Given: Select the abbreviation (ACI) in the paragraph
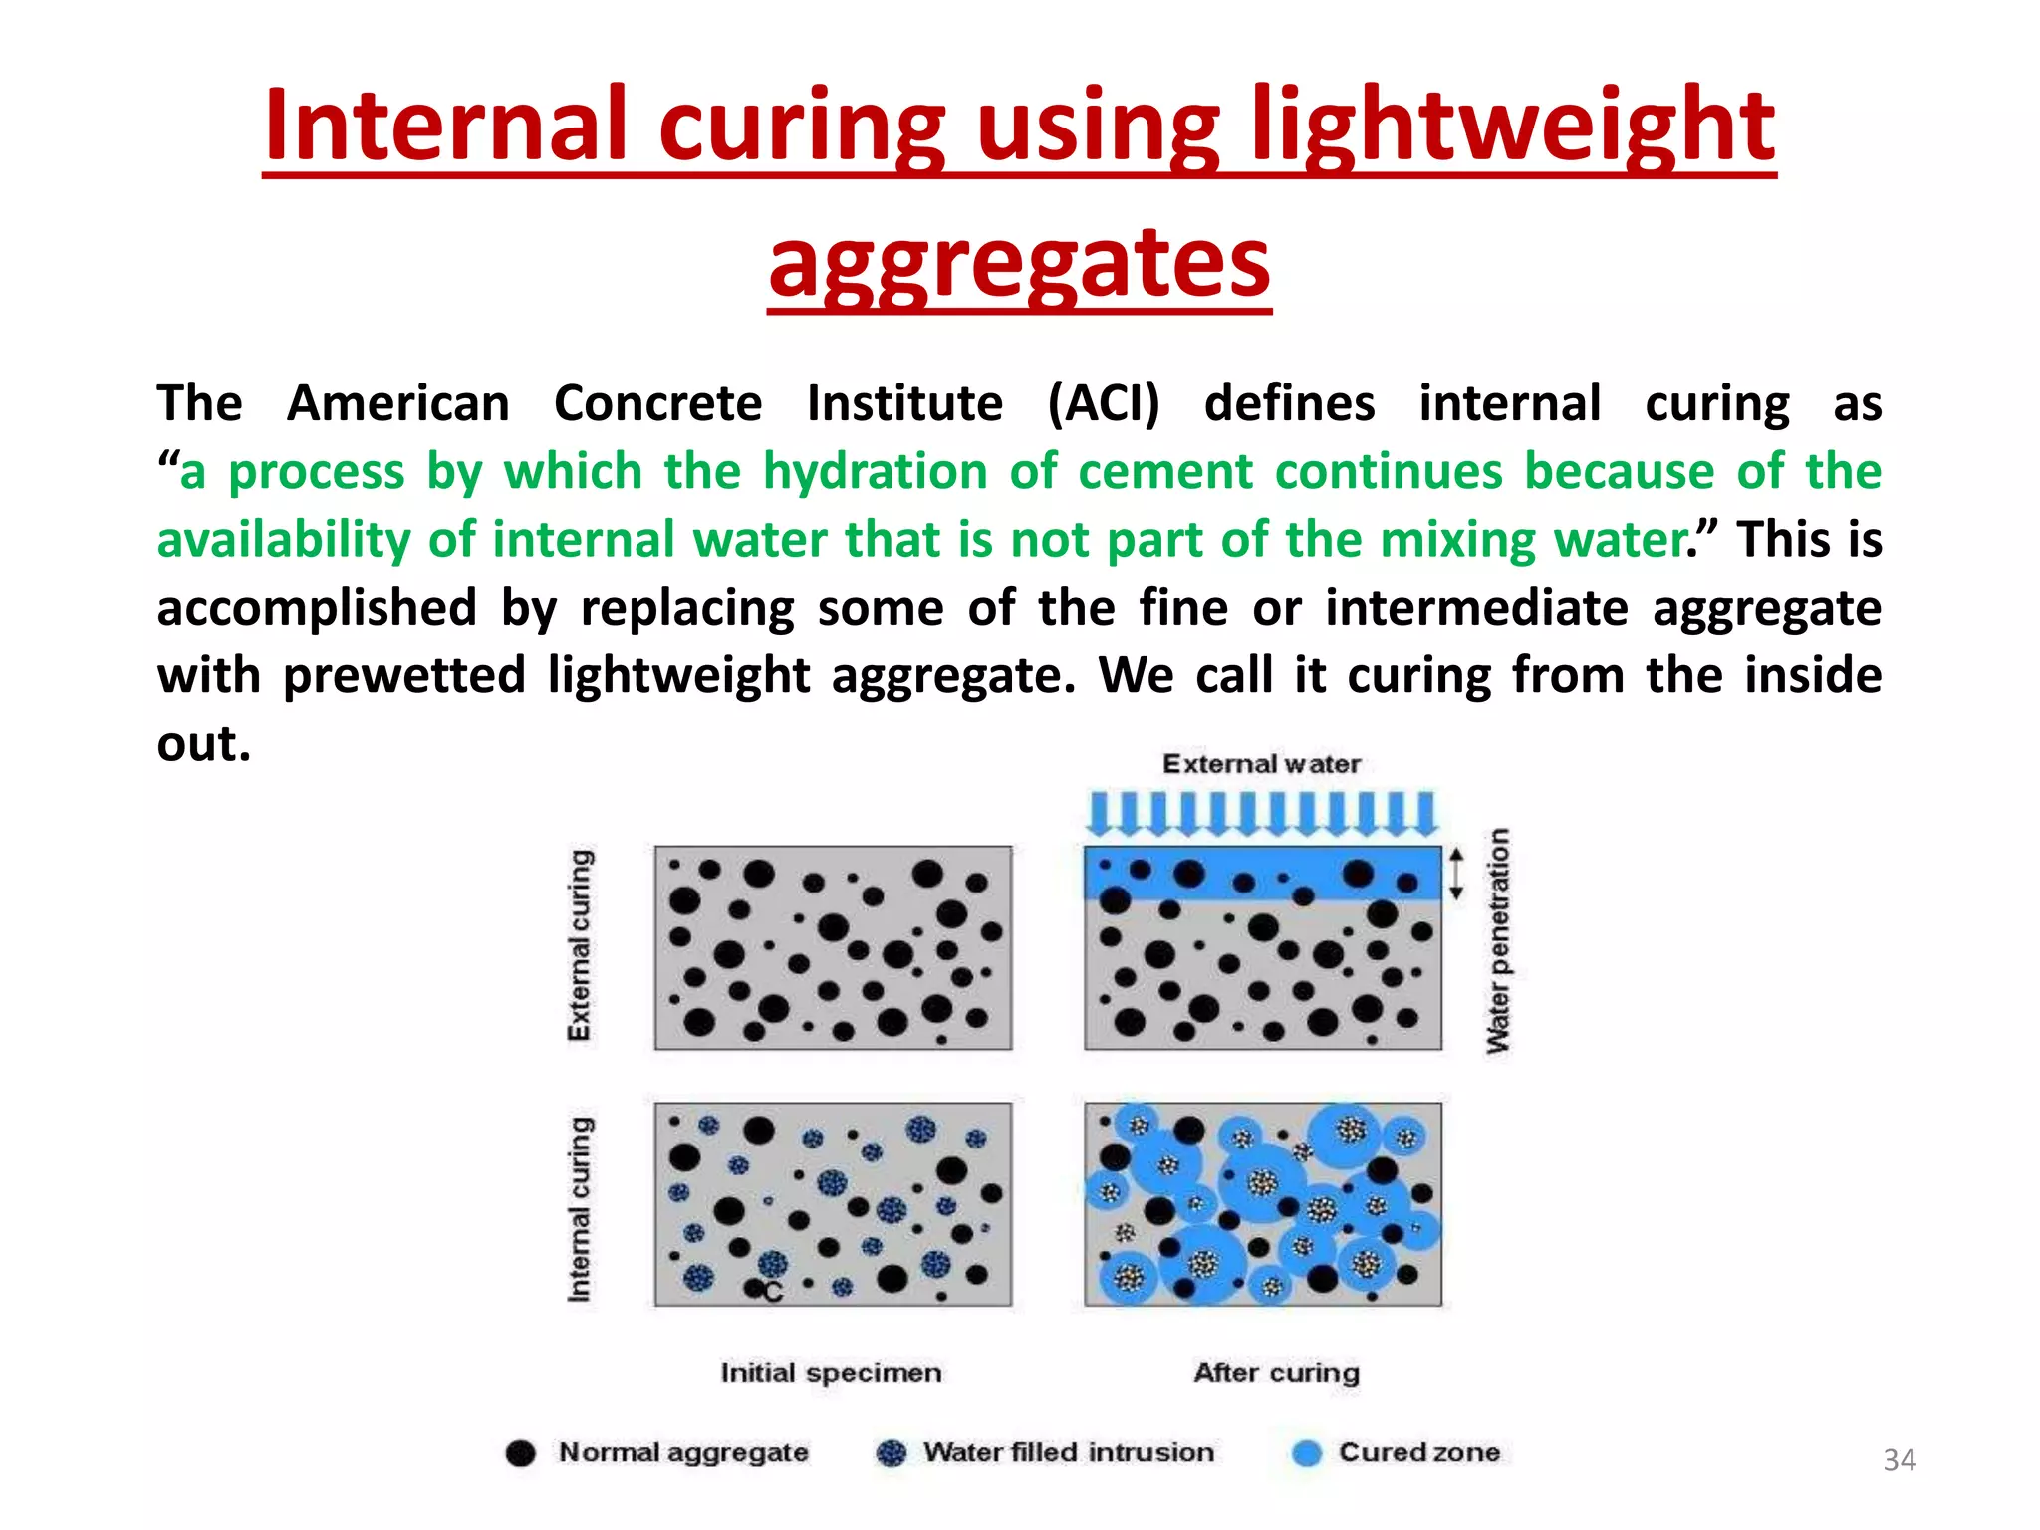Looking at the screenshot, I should [x=1103, y=403].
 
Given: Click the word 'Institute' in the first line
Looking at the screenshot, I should [x=904, y=403].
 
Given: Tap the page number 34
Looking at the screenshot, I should [x=1899, y=1460].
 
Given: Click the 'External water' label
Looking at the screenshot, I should [x=1261, y=764].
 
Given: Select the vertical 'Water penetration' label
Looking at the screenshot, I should [x=1498, y=940].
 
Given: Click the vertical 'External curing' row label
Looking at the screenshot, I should [x=580, y=944].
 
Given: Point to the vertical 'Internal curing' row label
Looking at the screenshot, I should [x=580, y=1208].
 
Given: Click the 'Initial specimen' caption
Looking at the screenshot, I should [x=831, y=1373].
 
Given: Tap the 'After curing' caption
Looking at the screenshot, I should [x=1276, y=1373].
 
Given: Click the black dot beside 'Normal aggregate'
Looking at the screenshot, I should [x=520, y=1453].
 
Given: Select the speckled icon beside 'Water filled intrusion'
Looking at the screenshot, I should [x=891, y=1453].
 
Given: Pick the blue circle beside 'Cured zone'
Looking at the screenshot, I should [x=1306, y=1453].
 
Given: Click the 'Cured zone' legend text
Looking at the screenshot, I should [x=1418, y=1452].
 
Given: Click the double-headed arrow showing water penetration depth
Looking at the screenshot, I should [x=1456, y=874].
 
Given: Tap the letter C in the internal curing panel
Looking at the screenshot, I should [x=773, y=1293].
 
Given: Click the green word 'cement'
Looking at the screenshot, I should [x=1165, y=471].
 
